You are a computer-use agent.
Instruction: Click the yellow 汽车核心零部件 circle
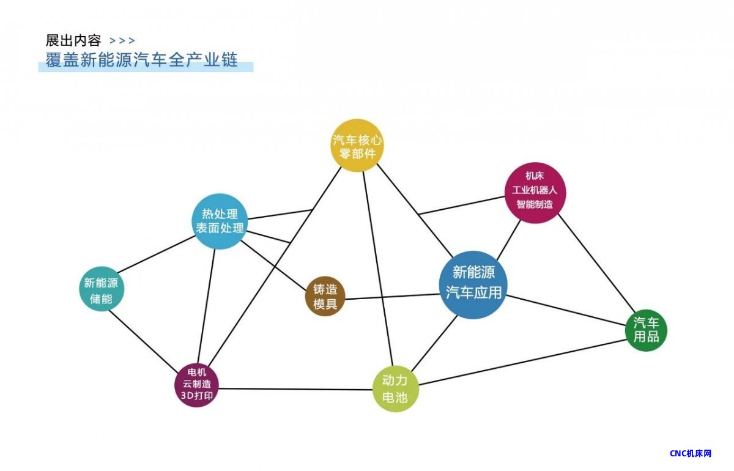pos(357,145)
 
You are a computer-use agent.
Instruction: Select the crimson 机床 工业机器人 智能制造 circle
pos(535,193)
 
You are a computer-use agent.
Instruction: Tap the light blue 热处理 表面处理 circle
pos(220,221)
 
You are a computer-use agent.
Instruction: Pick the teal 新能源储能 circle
pos(102,289)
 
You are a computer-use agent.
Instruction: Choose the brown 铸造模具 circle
pos(325,296)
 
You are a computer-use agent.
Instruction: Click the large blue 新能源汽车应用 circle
pos(473,285)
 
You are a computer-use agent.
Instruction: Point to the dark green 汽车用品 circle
pos(646,330)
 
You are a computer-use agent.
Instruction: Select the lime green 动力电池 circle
pos(396,389)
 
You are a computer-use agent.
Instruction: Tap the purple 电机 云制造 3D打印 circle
pos(197,385)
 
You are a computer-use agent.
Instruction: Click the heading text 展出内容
pos(73,40)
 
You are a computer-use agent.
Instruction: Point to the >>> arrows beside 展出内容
pos(122,41)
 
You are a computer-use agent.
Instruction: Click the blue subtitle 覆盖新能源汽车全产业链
pos(141,60)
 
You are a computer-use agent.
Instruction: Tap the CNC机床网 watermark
pos(691,454)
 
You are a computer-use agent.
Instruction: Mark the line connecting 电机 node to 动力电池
pos(296,390)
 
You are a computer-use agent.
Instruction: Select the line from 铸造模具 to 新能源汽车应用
pos(392,297)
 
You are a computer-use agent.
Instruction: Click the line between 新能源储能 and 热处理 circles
pos(157,254)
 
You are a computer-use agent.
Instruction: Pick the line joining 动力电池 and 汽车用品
pos(522,362)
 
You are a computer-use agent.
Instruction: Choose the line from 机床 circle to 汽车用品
pos(597,263)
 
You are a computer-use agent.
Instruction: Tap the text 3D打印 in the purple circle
pos(197,396)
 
